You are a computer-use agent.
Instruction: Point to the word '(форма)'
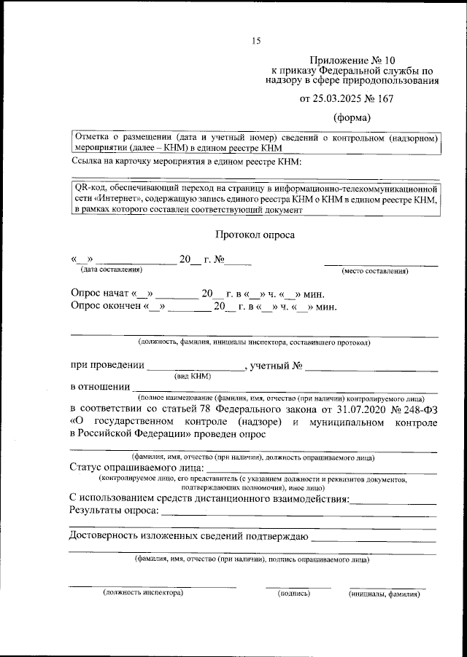click(x=352, y=117)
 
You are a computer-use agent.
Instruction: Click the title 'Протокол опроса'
click(x=255, y=235)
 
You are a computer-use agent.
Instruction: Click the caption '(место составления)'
click(x=375, y=271)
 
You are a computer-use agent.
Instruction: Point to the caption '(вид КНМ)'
click(x=192, y=376)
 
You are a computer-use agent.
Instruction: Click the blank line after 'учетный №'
click(x=371, y=366)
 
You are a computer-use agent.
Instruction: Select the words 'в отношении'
click(x=100, y=387)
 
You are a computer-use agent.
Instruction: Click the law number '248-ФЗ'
click(x=417, y=410)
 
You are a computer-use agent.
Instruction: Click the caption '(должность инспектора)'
click(x=142, y=594)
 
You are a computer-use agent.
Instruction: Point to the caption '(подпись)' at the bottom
click(x=295, y=594)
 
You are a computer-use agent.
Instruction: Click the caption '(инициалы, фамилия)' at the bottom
click(x=385, y=594)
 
